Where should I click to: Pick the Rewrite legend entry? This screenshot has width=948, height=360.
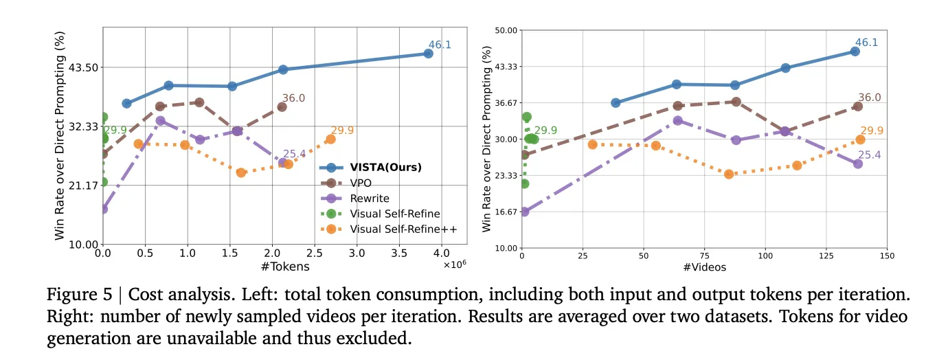pyautogui.click(x=370, y=199)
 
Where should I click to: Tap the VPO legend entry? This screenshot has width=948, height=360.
pyautogui.click(x=362, y=183)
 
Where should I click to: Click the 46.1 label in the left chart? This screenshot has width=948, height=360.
pyautogui.click(x=440, y=45)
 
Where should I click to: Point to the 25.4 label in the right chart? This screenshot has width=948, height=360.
pyautogui.click(x=870, y=155)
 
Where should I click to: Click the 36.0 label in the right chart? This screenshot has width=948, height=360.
pyautogui.click(x=870, y=98)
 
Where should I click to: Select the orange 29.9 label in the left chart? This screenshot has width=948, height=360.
pyautogui.click(x=342, y=131)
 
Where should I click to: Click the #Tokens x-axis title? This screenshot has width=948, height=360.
pyautogui.click(x=285, y=267)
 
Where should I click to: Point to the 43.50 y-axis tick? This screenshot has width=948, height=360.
pyautogui.click(x=82, y=67)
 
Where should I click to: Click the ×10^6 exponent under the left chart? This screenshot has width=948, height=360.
pyautogui.click(x=454, y=265)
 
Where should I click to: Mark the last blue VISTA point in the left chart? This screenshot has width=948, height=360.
pyautogui.click(x=428, y=53)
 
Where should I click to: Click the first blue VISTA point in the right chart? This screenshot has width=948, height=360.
pyautogui.click(x=616, y=102)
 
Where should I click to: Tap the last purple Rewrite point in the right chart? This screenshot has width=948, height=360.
pyautogui.click(x=857, y=164)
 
